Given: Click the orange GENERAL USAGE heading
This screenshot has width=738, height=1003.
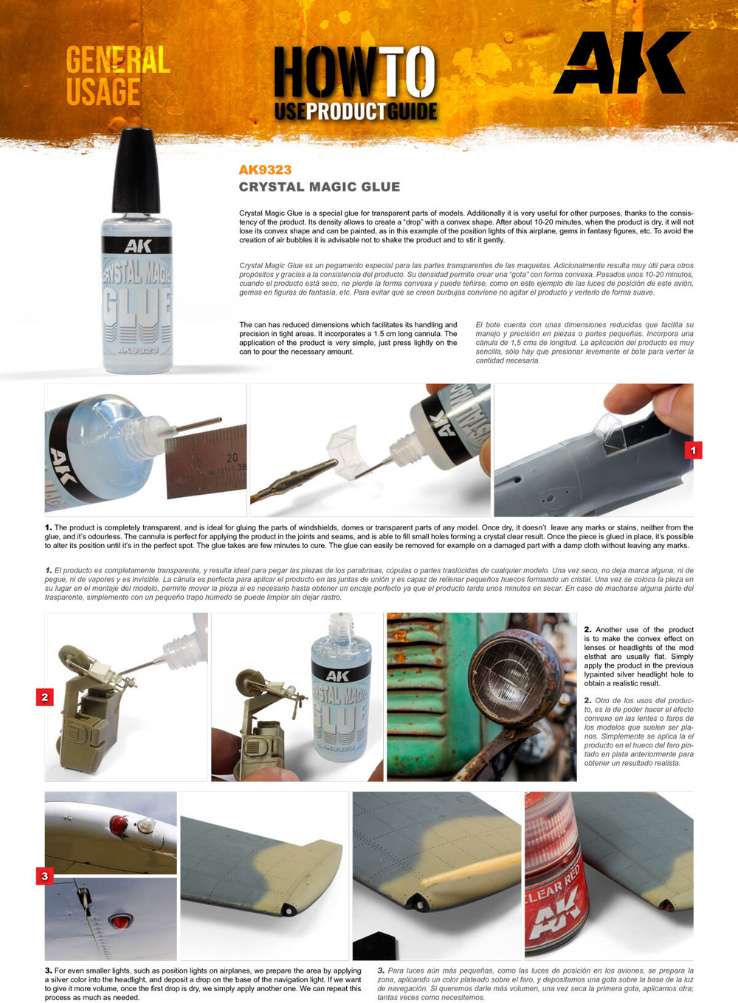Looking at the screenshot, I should pyautogui.click(x=117, y=76).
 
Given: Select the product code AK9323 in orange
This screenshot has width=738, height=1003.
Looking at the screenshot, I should pyautogui.click(x=265, y=170).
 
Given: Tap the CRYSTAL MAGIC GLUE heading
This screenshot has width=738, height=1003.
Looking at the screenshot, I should pyautogui.click(x=320, y=187).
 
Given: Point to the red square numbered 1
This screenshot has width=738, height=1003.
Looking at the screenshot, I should pyautogui.click(x=693, y=450).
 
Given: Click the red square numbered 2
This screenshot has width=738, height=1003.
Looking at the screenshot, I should pyautogui.click(x=45, y=696).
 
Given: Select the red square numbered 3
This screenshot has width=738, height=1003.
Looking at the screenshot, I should pyautogui.click(x=45, y=876).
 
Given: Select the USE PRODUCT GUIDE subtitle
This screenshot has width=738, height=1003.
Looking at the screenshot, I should pyautogui.click(x=356, y=112).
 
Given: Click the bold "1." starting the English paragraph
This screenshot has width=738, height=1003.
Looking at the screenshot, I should pyautogui.click(x=49, y=527).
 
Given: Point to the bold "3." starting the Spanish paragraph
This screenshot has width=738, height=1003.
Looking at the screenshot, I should pyautogui.click(x=381, y=971).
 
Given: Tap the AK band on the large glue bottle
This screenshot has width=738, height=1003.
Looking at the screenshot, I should pyautogui.click(x=138, y=246).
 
